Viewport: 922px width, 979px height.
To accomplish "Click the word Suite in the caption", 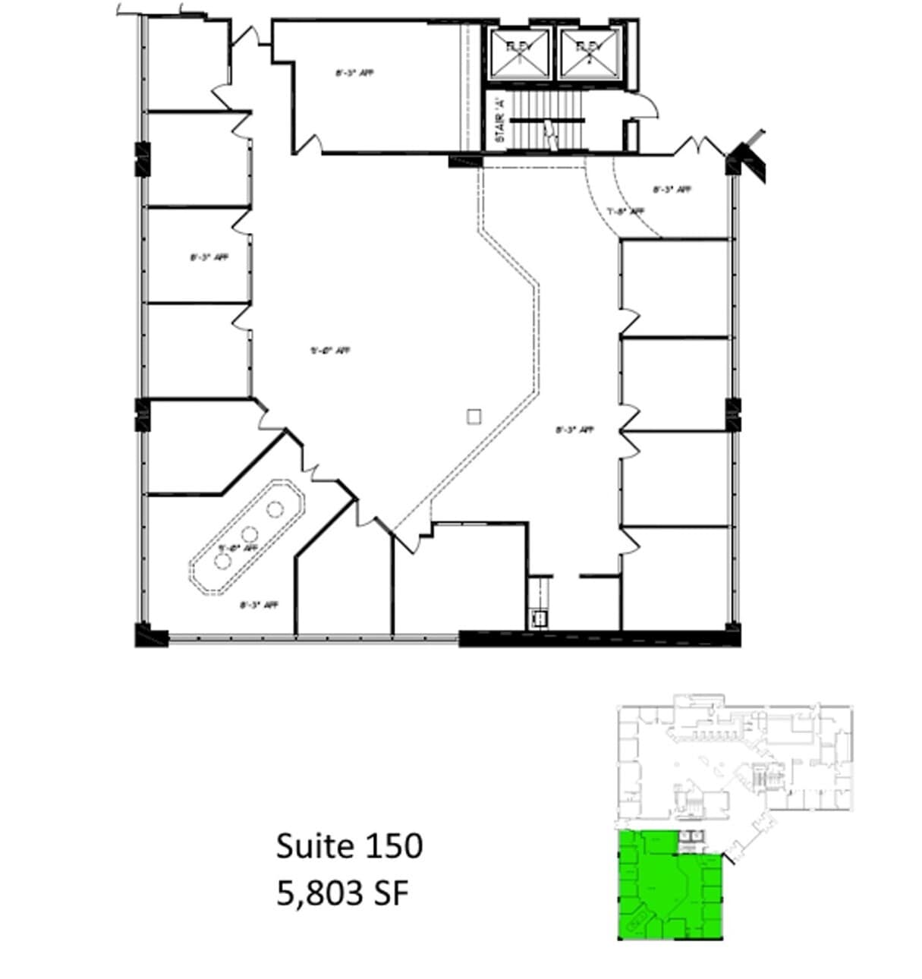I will click(x=310, y=845).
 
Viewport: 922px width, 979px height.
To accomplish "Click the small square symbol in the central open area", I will click(x=474, y=416).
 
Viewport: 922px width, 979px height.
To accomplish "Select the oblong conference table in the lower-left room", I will click(x=247, y=536).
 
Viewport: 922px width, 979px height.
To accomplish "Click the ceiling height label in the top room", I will click(x=354, y=74).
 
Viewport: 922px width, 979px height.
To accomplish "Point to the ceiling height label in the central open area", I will click(x=330, y=351).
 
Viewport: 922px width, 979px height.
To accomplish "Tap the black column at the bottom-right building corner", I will click(x=732, y=634).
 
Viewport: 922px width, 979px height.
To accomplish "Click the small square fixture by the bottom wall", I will click(x=540, y=619).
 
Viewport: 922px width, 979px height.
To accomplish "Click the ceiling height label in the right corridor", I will click(x=574, y=430).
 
